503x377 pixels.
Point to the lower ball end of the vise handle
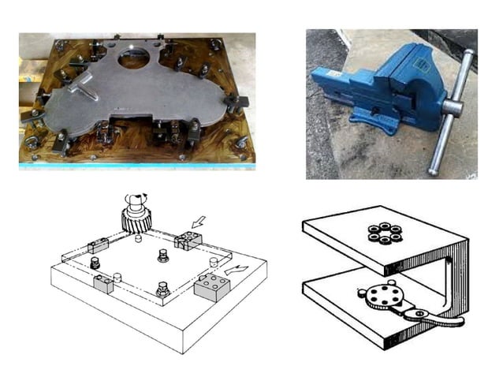(434, 168)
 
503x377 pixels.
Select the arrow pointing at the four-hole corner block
(198, 223)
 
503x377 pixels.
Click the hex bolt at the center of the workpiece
(162, 256)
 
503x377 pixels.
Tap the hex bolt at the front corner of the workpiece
(162, 291)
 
